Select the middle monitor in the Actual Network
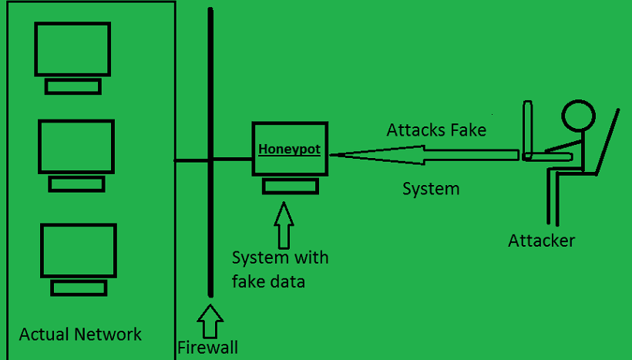tap(76, 146)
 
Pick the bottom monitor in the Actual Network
tap(78, 251)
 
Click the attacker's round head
tap(578, 116)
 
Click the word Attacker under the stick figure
tap(541, 241)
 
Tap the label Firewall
tap(207, 347)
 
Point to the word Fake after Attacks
tap(469, 130)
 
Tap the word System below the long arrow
tap(431, 188)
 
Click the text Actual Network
tap(80, 334)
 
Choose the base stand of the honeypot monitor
tap(290, 186)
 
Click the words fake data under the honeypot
tap(268, 281)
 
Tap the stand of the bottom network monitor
tap(78, 288)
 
